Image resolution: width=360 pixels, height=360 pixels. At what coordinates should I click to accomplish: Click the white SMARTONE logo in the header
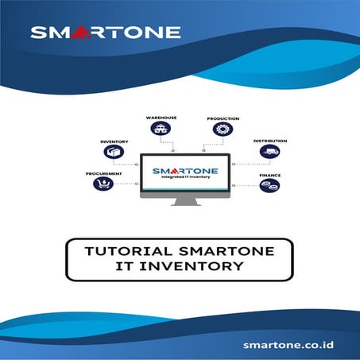105,33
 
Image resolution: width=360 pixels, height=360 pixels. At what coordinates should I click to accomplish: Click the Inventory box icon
114,153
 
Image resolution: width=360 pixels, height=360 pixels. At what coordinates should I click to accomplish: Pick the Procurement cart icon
103,184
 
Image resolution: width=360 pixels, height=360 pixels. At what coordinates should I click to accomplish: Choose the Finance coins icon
269,186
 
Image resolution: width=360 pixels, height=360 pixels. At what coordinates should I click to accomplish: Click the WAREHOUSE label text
161,118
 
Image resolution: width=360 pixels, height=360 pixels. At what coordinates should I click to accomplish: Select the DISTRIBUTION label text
270,141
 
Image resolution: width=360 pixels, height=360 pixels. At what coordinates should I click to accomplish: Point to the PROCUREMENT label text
103,172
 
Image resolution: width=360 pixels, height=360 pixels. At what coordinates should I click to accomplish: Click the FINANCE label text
269,174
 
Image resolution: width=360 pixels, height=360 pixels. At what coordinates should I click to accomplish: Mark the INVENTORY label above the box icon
114,141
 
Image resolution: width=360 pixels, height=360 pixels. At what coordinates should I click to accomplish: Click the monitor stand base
185,203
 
